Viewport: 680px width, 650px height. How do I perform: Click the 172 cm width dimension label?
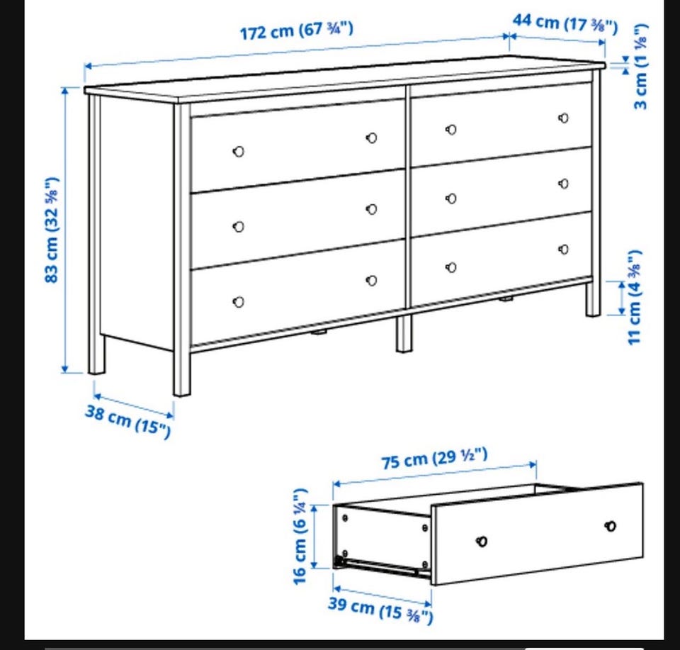click(x=297, y=30)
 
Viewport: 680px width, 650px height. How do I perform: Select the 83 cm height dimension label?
click(x=52, y=230)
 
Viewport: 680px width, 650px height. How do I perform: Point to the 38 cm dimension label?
click(x=128, y=421)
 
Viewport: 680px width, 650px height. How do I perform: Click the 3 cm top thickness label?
click(x=640, y=67)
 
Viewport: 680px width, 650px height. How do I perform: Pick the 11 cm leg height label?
click(x=635, y=297)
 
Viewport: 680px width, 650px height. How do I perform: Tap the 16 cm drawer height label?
click(x=300, y=537)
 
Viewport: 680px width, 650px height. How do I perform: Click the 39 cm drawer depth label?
click(x=380, y=609)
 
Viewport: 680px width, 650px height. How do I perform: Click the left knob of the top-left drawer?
click(x=238, y=152)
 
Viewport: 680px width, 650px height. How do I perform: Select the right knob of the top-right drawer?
click(x=563, y=118)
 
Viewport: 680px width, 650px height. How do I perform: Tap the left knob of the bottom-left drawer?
click(x=238, y=302)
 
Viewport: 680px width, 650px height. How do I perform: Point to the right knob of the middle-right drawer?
click(x=563, y=184)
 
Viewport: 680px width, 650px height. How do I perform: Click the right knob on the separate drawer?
click(x=610, y=527)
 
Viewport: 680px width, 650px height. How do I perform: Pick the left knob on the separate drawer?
click(x=482, y=542)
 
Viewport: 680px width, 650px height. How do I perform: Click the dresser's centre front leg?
click(x=404, y=333)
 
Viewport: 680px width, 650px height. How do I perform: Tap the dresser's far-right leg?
click(x=593, y=299)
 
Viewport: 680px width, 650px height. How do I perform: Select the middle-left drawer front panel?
click(x=298, y=219)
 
